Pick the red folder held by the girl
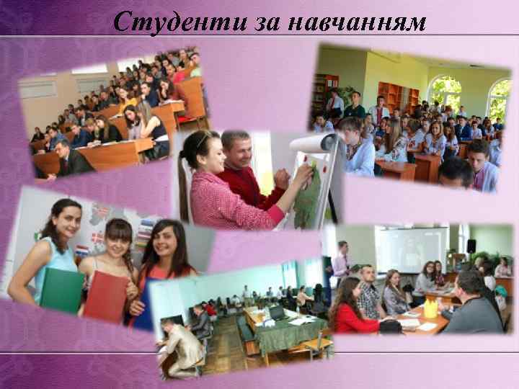tap(106, 295)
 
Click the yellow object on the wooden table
tap(430, 309)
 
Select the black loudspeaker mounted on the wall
tap(471, 246)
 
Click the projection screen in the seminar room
tap(412, 249)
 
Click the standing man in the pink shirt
tap(340, 264)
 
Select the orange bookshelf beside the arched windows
tap(394, 97)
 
